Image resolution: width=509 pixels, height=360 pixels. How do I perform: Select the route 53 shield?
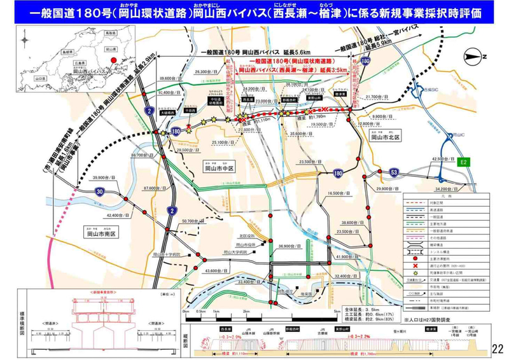point(394,172)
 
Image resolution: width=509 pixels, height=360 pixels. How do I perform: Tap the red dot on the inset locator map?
point(114,60)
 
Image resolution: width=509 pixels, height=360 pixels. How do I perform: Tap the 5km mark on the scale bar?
point(309,312)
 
